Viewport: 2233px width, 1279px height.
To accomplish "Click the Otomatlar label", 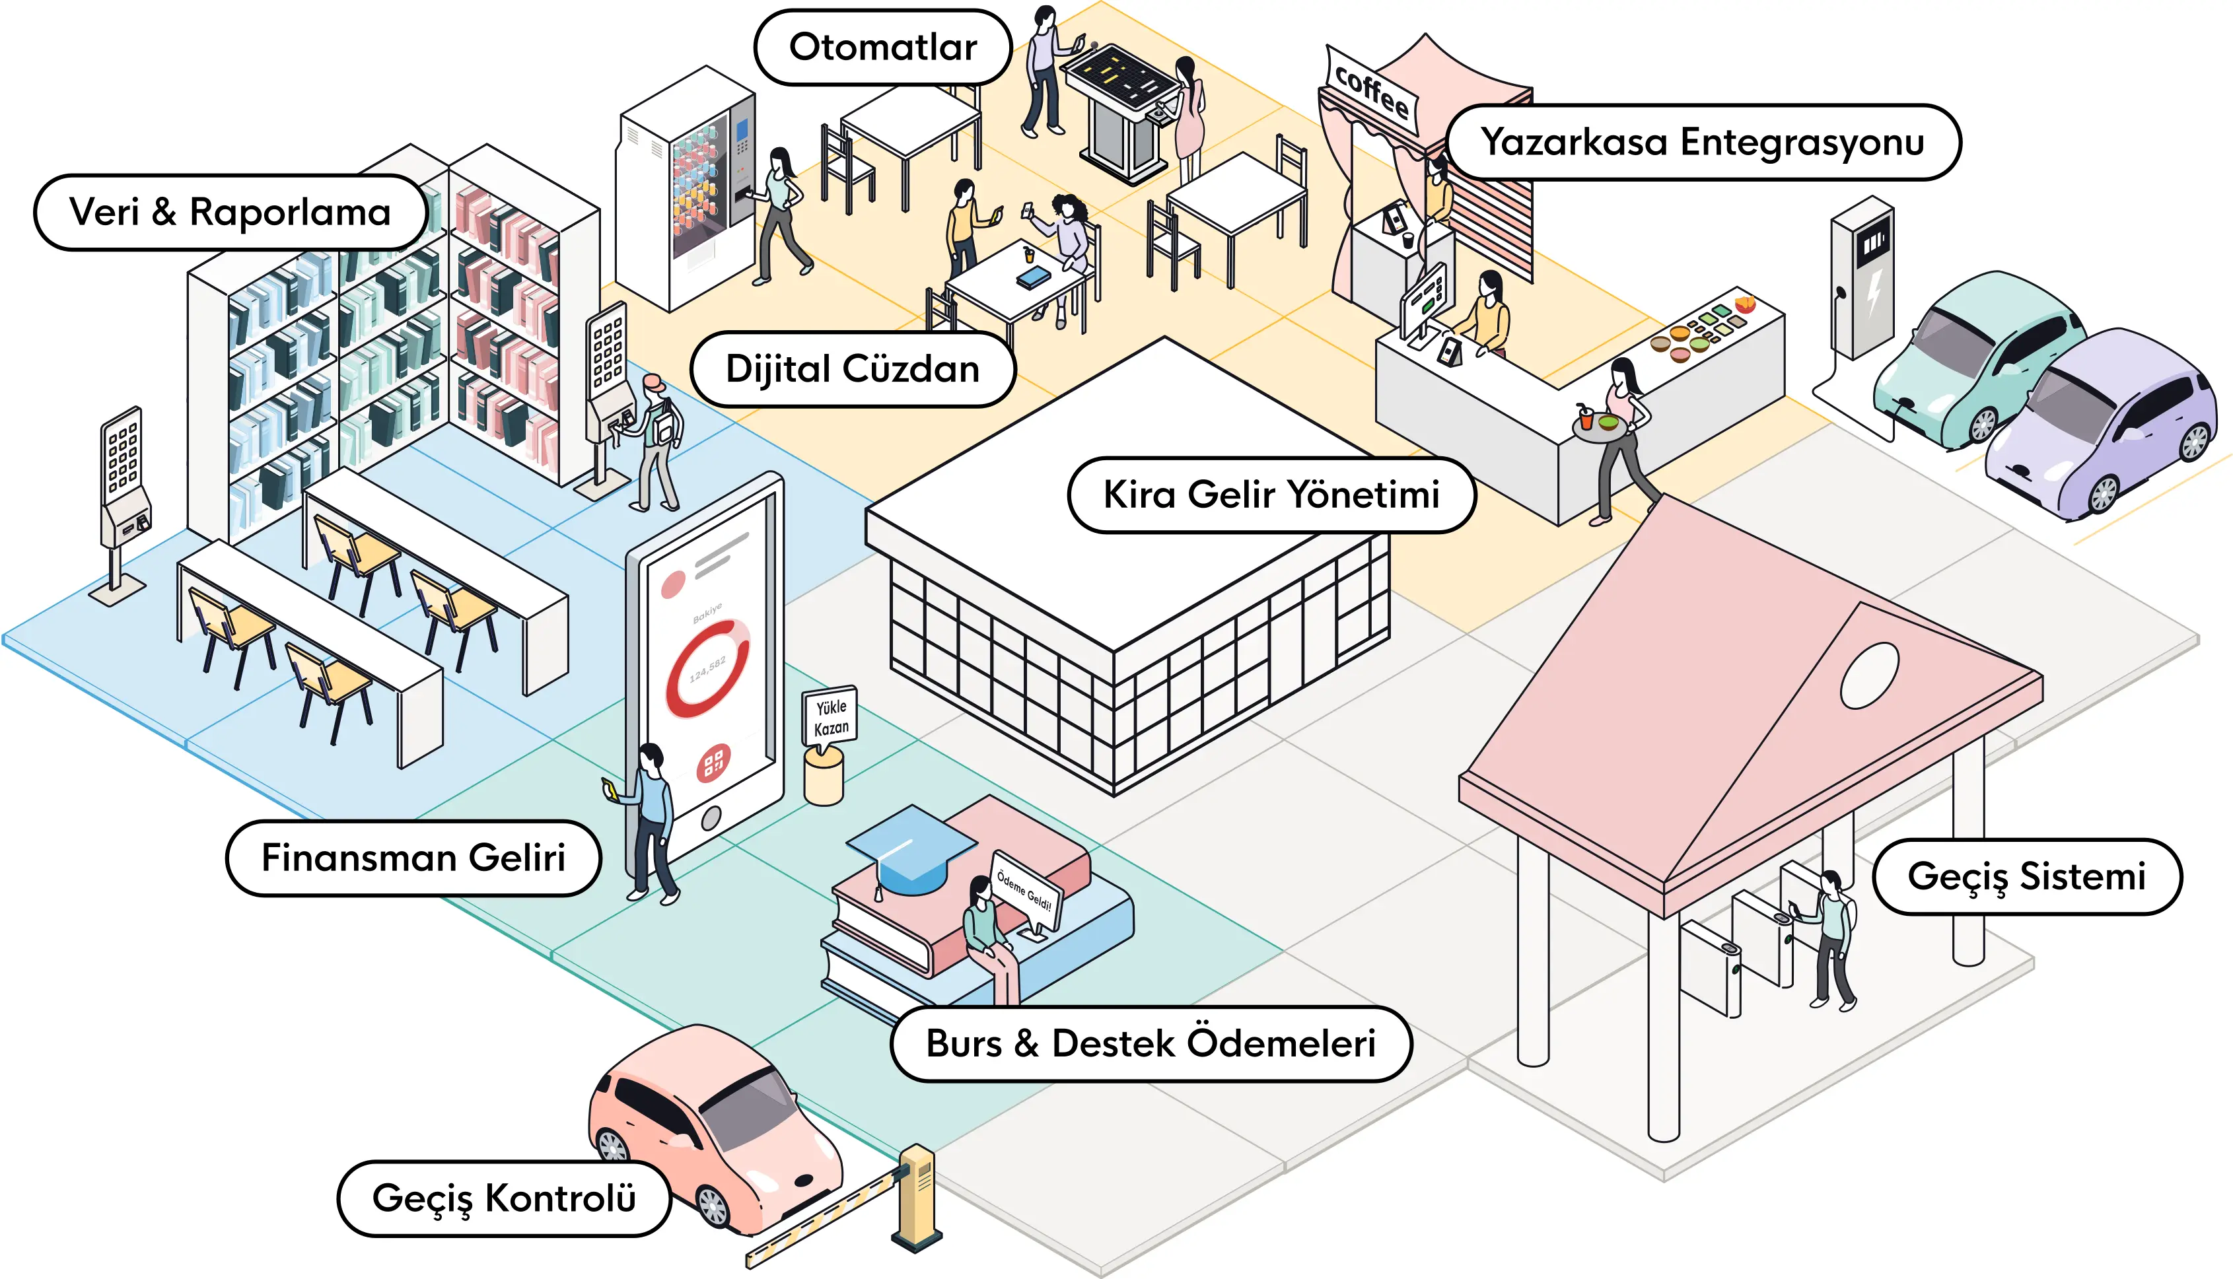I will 883,48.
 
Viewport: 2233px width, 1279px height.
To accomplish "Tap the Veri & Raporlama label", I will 230,213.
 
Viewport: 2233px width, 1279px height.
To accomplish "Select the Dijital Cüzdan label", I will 852,369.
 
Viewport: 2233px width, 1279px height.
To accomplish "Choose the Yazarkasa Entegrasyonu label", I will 1703,143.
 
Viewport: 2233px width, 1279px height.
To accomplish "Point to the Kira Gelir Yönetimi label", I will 1271,495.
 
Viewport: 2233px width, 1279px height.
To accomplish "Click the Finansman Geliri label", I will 413,858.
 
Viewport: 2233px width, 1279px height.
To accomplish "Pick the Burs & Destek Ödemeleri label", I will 1151,1043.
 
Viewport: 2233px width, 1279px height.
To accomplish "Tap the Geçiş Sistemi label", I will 2026,877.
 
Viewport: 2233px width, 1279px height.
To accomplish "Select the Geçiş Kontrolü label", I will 503,1198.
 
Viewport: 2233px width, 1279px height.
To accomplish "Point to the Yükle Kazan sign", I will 830,717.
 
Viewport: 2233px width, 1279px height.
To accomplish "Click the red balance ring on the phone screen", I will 707,668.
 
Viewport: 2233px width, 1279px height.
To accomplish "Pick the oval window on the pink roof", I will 1869,675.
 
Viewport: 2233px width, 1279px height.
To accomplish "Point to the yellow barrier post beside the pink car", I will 917,1194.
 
